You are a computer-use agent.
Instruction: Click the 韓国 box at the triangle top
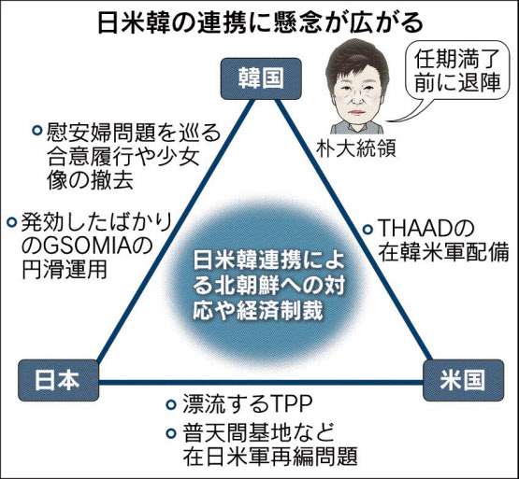tap(261, 78)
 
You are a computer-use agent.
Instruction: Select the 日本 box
tap(59, 380)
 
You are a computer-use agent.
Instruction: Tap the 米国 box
tap(464, 380)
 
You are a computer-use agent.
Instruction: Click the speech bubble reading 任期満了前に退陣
tap(456, 70)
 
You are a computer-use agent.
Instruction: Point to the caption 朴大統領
tap(356, 148)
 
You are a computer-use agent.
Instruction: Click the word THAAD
tap(416, 229)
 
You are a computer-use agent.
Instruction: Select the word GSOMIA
tap(79, 247)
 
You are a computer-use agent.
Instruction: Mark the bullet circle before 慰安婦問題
tap(36, 130)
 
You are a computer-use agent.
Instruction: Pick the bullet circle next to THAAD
tap(368, 229)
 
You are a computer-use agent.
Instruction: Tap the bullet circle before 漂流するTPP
tap(171, 404)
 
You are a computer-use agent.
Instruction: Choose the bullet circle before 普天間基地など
tap(171, 432)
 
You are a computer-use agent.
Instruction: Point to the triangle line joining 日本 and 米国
tap(261, 383)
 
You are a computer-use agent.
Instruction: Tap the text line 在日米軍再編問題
tap(270, 457)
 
